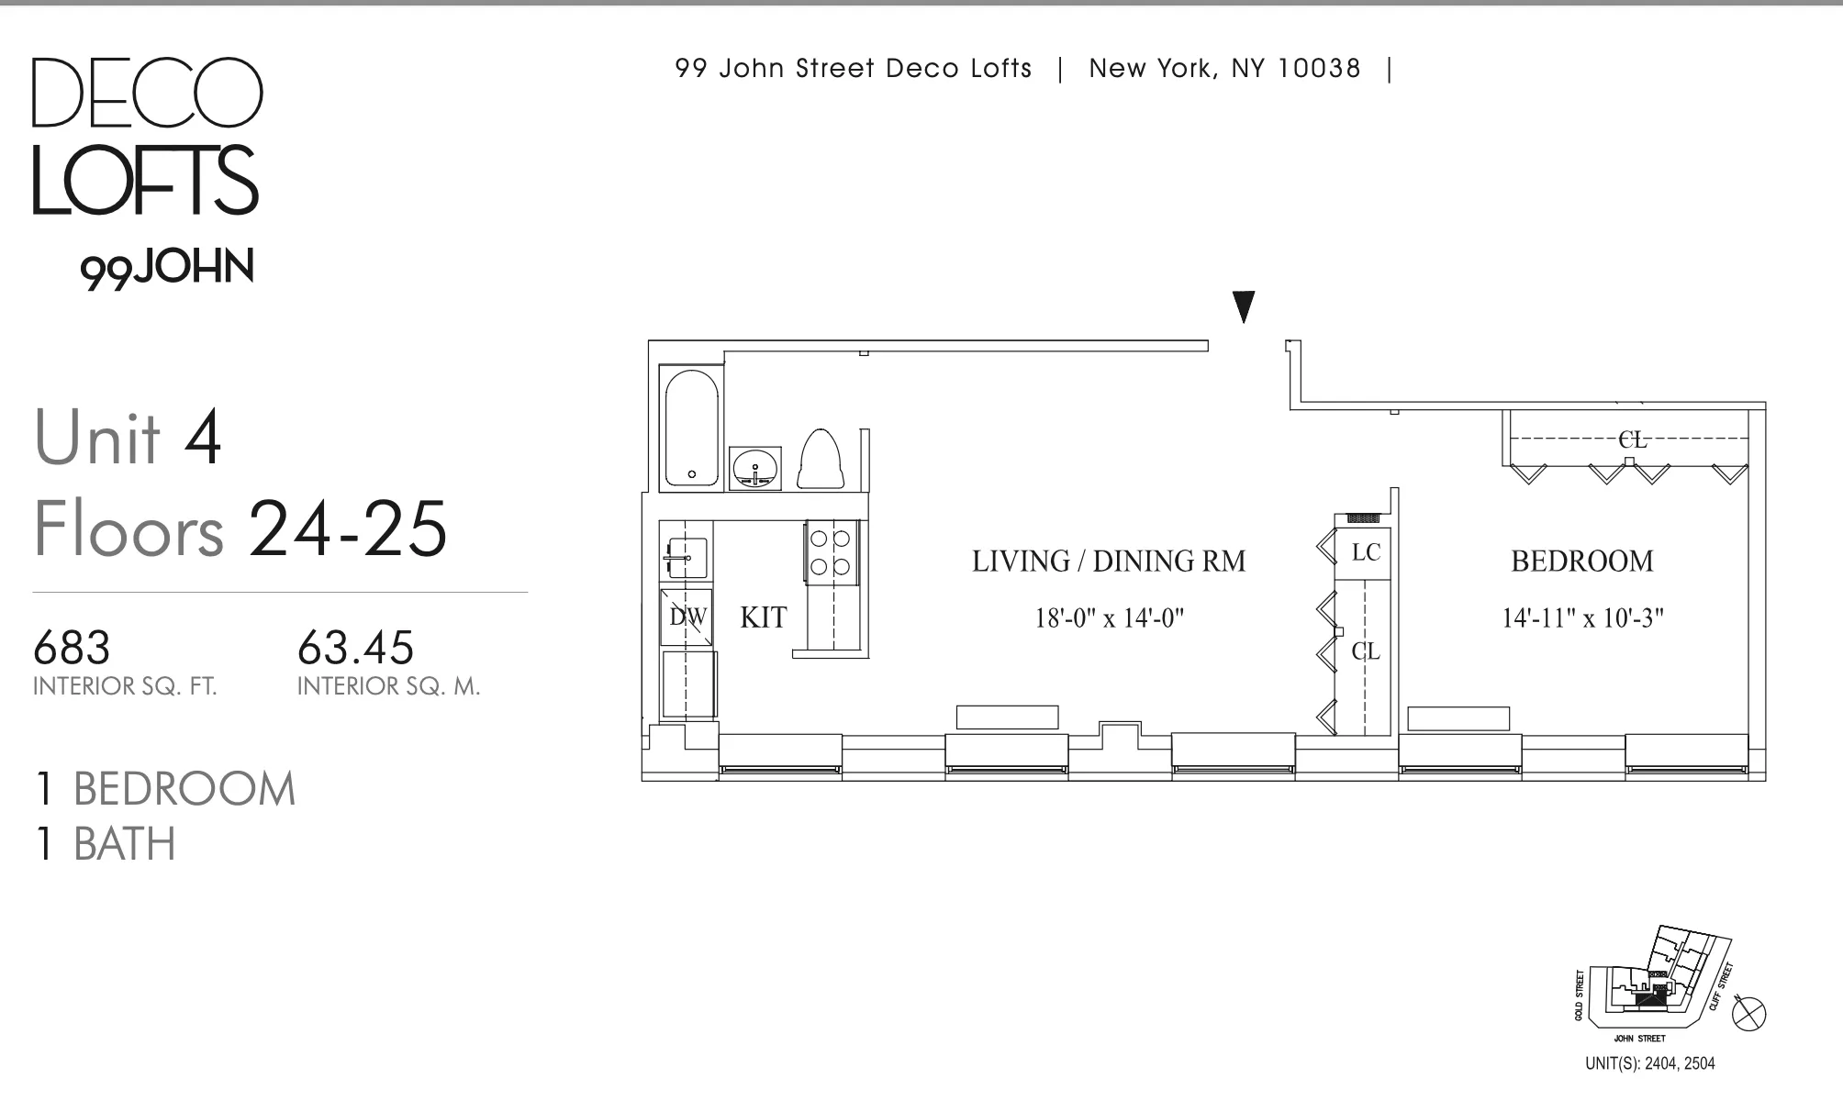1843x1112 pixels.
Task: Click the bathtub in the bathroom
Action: (x=692, y=428)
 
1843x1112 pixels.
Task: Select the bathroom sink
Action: (x=755, y=468)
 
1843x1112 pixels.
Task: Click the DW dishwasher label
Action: (x=687, y=617)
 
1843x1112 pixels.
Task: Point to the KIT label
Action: (x=764, y=617)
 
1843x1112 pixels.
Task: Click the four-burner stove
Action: (x=832, y=551)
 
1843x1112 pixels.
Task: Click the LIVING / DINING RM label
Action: (x=1109, y=561)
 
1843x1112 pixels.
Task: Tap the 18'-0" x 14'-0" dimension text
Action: (x=1109, y=618)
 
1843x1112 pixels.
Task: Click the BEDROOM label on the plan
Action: (x=1581, y=561)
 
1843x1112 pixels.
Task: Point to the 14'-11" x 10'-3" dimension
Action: (x=1582, y=618)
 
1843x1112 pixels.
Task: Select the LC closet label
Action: (x=1366, y=552)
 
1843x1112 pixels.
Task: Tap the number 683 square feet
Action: (x=72, y=648)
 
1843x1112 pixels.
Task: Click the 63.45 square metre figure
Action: (x=355, y=648)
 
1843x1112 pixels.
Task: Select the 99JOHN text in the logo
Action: (x=166, y=269)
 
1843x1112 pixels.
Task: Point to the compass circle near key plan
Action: (x=1748, y=1014)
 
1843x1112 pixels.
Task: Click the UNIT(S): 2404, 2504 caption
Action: (x=1649, y=1063)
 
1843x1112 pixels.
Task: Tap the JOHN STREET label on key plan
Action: (x=1639, y=1039)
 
